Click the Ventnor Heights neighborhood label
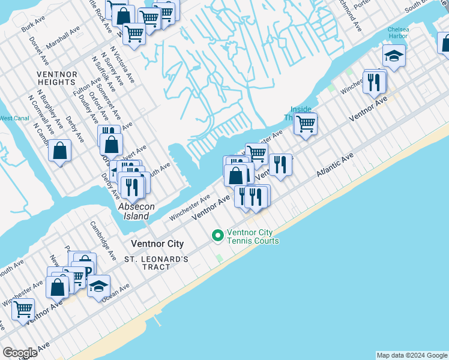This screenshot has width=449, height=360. (x=57, y=79)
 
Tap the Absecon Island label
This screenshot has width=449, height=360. (x=136, y=211)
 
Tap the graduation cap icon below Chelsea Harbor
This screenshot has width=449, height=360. (x=394, y=56)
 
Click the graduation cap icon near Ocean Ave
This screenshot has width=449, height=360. (x=99, y=286)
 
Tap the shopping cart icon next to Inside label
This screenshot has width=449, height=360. (x=306, y=124)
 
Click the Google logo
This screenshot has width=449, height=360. (x=20, y=353)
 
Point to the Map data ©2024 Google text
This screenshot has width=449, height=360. (x=411, y=355)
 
